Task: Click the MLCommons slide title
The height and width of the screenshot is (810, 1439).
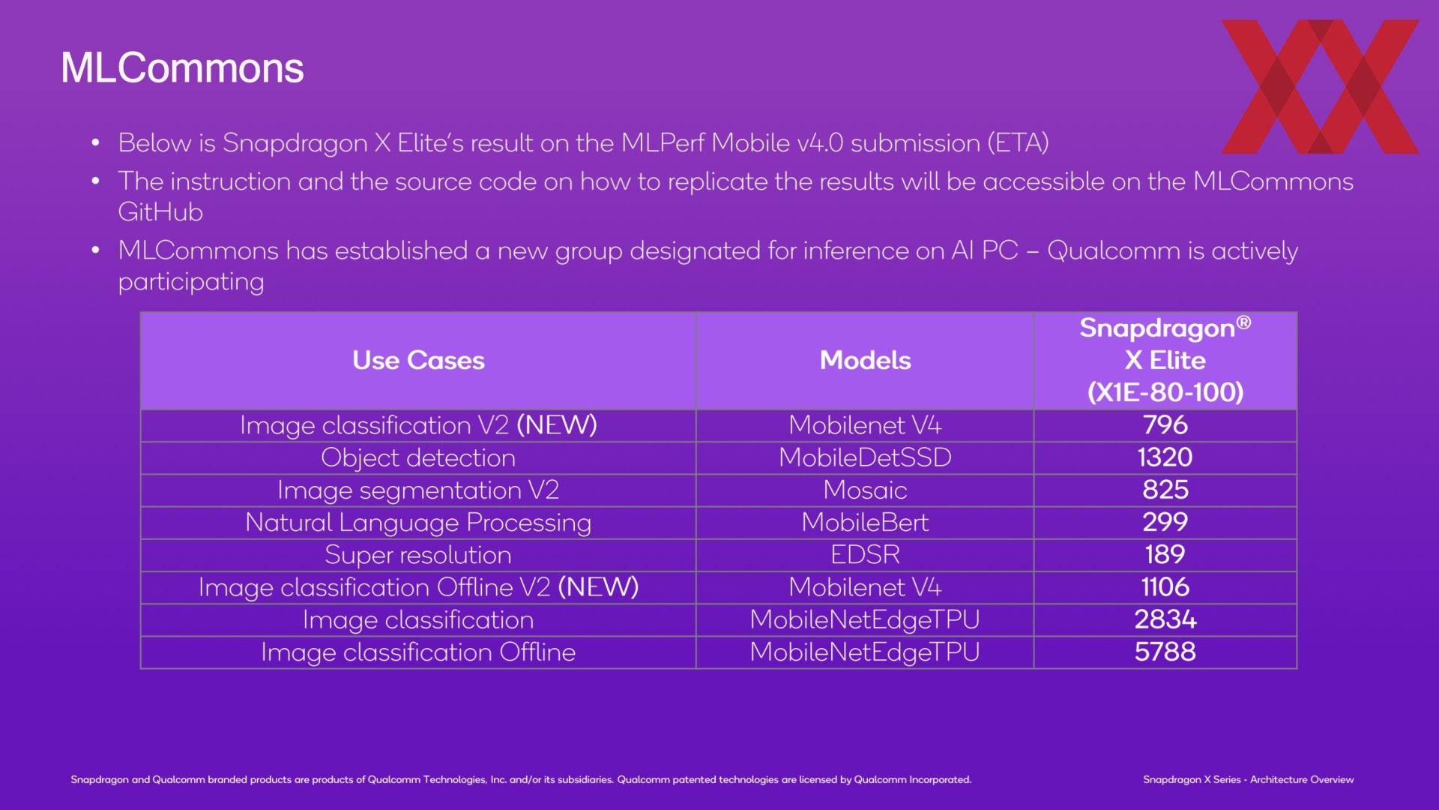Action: [182, 68]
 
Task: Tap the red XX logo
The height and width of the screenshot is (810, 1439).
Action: [1320, 86]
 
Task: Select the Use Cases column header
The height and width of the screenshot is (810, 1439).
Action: [418, 360]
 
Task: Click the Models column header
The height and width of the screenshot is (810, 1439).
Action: [865, 360]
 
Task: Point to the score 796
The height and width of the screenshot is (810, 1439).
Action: [1165, 424]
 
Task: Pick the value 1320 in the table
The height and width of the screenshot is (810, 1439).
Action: [1165, 457]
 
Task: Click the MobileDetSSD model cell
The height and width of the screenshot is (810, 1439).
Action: [865, 457]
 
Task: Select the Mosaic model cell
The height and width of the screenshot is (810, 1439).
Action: [865, 490]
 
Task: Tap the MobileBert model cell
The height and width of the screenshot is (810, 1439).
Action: [865, 522]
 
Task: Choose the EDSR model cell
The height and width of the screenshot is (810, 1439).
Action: [865, 554]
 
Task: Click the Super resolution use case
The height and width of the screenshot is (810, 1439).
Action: [418, 555]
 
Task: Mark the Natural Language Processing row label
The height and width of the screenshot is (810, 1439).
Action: [418, 523]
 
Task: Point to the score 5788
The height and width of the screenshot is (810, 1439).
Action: [1165, 652]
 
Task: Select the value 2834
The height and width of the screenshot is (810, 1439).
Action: [1165, 619]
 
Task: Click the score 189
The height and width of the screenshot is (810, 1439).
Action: [1165, 554]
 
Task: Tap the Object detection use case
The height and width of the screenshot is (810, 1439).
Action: [418, 457]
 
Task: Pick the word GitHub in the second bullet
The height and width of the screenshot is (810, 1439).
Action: [160, 212]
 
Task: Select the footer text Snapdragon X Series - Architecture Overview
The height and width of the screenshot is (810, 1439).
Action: [1249, 780]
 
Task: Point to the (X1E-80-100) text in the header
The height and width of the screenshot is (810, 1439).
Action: [1165, 392]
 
